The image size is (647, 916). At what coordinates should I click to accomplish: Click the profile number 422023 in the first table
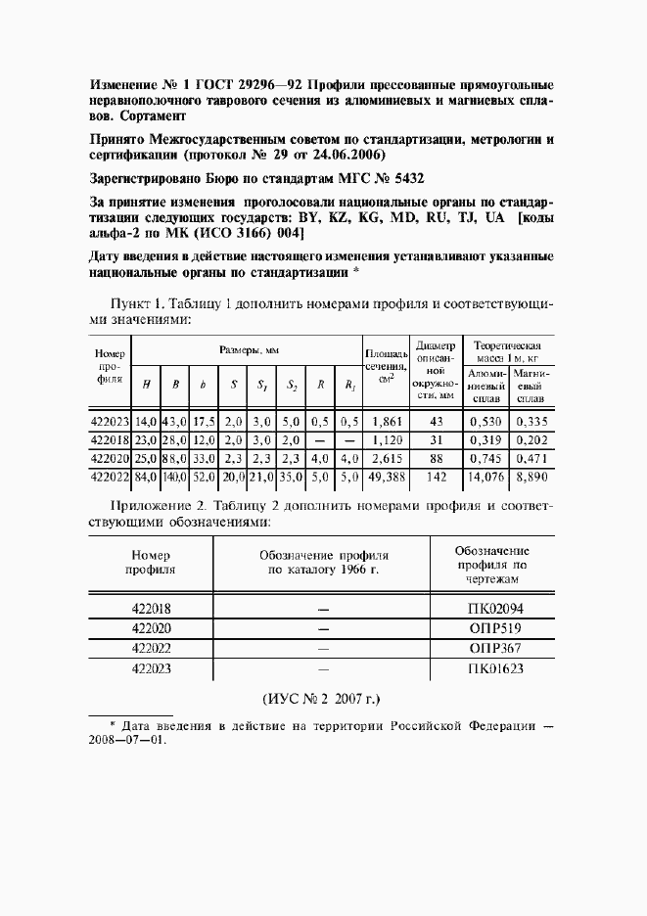click(x=109, y=421)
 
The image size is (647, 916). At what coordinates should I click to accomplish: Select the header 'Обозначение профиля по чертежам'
click(x=491, y=565)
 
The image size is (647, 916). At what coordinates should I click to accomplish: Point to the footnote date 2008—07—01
click(x=127, y=740)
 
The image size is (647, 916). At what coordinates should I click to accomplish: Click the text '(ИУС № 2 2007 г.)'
click(x=321, y=700)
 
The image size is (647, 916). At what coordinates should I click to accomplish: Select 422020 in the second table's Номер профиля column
click(x=152, y=628)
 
